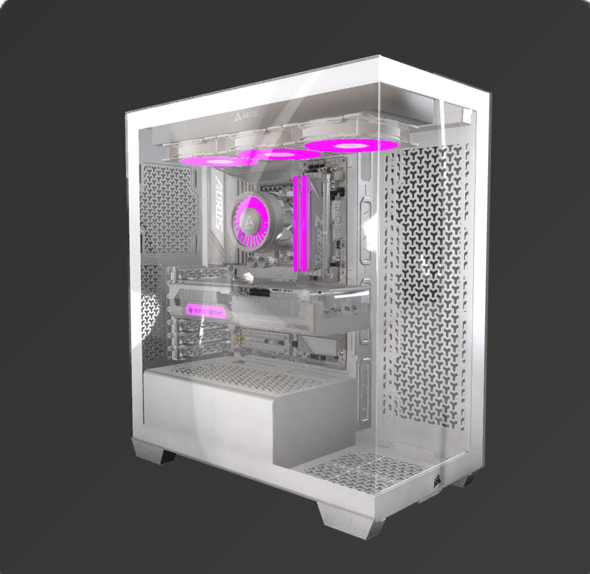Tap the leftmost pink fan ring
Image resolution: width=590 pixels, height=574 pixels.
point(218,161)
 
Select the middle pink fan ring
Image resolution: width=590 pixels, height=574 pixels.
point(279,154)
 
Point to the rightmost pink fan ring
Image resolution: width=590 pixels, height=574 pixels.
point(352,145)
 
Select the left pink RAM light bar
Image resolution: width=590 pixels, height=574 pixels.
point(296,223)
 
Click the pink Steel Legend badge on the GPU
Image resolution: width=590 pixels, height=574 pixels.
point(206,310)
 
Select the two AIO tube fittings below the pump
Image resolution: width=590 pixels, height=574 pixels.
point(259,262)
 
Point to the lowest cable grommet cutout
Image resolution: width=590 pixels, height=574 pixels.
point(365,391)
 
